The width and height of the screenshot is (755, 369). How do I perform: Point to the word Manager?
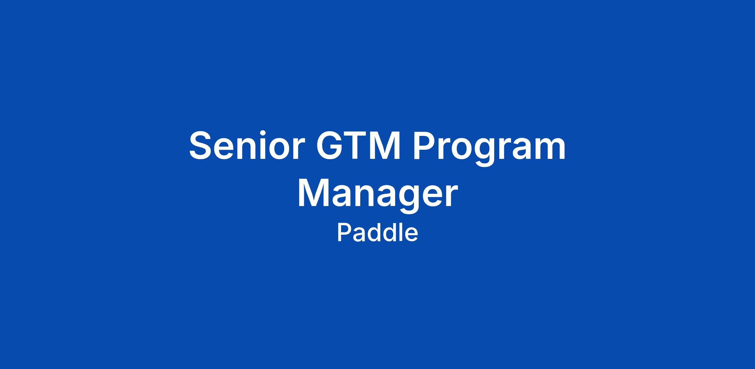click(x=377, y=195)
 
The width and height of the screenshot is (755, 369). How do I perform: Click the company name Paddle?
click(x=377, y=233)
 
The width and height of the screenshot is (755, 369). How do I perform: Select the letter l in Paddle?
click(x=399, y=232)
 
